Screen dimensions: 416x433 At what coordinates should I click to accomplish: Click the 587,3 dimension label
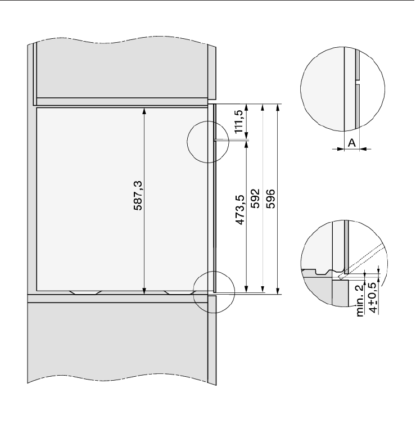[x=138, y=196]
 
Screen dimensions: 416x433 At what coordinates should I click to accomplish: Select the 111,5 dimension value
[x=239, y=121]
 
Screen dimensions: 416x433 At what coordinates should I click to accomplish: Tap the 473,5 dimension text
[x=240, y=210]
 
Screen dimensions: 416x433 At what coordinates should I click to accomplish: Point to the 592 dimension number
[x=255, y=199]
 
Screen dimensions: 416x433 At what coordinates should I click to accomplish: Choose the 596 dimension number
[x=270, y=199]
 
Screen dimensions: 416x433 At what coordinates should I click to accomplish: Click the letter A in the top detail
[x=352, y=143]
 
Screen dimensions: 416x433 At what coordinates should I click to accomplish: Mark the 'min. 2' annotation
[x=360, y=301]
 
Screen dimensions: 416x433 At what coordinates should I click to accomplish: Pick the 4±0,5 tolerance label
[x=374, y=297]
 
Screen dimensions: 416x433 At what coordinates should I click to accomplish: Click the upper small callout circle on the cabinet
[x=208, y=141]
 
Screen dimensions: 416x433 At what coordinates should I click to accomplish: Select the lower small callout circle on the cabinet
[x=214, y=292]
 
